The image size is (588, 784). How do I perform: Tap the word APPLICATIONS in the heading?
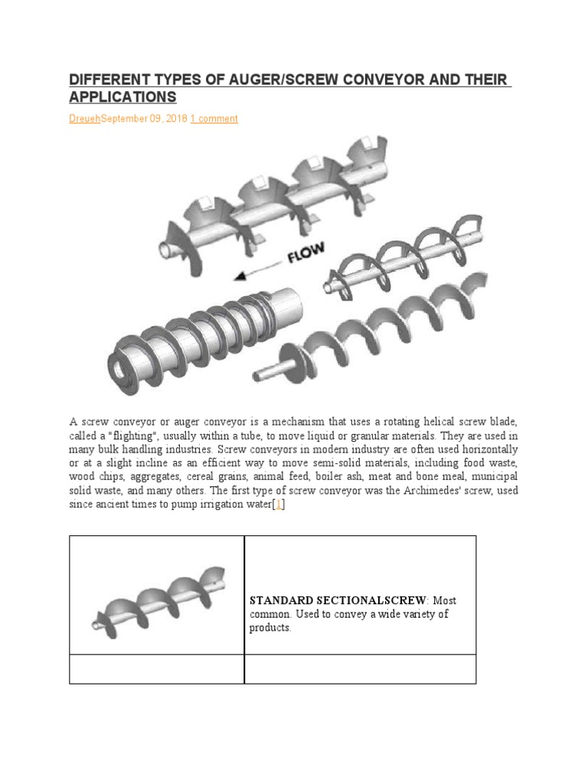point(122,97)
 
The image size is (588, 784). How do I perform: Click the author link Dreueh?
point(85,119)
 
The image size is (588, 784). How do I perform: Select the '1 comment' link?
point(214,119)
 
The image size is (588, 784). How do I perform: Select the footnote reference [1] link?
point(279,505)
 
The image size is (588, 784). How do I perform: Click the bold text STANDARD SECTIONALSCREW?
point(337,600)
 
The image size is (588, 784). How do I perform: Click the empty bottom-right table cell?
point(360,668)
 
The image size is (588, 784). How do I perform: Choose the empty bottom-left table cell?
point(157,668)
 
